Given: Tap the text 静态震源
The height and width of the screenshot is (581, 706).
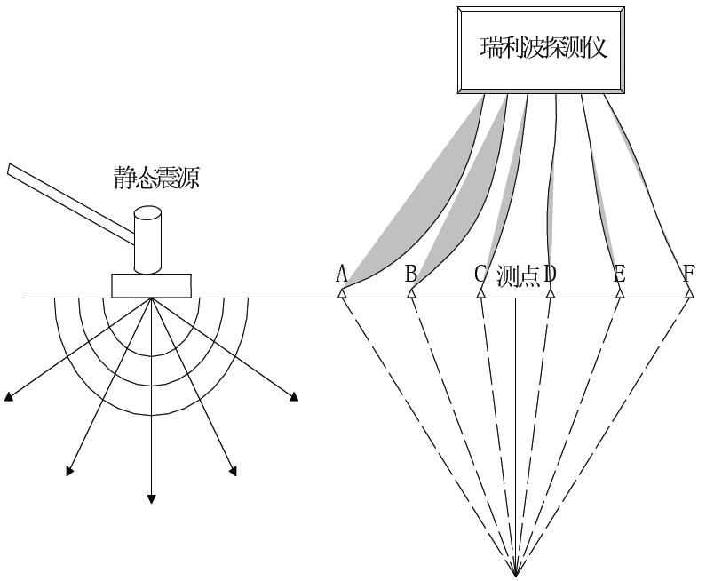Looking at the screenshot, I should (156, 179).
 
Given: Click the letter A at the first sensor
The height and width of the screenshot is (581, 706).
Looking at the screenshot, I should (341, 273).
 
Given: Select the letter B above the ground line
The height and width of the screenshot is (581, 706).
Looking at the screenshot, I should (410, 273).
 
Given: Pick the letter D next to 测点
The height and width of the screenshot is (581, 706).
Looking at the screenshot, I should (551, 273).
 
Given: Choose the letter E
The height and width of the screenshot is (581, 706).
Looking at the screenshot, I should (620, 273).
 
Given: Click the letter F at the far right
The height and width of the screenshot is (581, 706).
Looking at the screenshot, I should (689, 273).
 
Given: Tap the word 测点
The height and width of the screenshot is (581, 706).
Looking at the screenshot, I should (519, 274).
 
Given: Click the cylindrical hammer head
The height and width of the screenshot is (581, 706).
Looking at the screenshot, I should (147, 239).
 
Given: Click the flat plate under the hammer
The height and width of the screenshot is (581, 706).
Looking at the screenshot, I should (151, 285).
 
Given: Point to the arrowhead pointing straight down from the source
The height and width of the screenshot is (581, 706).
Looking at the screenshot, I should (152, 498).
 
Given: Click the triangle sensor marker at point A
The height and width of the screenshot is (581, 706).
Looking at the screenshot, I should (342, 292).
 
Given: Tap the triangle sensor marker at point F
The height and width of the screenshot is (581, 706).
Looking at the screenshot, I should (689, 292).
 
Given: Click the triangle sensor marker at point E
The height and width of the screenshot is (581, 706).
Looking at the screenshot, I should (620, 292).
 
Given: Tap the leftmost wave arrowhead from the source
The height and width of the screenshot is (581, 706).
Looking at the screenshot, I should (9, 397).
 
